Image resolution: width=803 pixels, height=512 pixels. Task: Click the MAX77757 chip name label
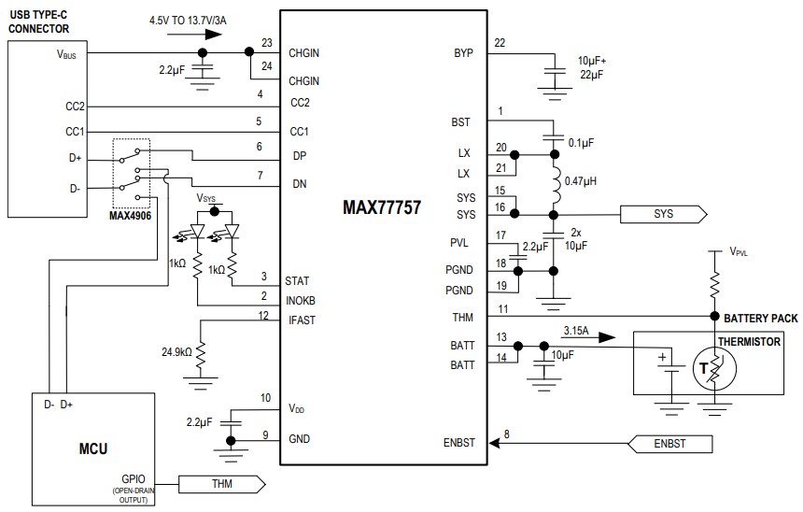tap(382, 207)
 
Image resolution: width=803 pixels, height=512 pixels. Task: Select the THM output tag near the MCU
tap(219, 483)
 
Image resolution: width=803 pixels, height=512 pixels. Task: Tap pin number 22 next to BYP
tap(500, 43)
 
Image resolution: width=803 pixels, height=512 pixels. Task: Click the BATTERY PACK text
tap(760, 319)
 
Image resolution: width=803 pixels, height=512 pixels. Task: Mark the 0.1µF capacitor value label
tap(582, 143)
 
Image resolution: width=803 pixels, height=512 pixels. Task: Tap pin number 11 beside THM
tap(503, 308)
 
